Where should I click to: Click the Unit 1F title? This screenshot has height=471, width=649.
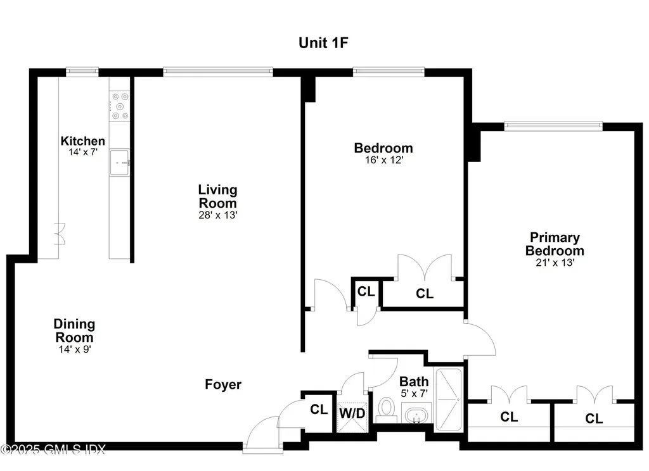point(324,43)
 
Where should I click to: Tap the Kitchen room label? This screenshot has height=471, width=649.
point(82,141)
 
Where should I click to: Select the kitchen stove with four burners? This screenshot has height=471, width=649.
point(120,106)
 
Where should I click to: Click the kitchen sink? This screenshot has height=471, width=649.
point(119,162)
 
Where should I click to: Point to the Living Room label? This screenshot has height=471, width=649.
point(217,196)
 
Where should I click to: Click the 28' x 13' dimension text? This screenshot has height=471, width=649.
point(217,215)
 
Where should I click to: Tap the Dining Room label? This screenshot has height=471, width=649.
point(74,330)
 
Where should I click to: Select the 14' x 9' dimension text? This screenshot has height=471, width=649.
point(74,348)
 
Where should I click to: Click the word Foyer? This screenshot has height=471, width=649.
point(223,384)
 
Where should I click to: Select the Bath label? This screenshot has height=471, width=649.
point(414,382)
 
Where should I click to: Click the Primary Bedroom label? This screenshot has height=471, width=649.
point(555,244)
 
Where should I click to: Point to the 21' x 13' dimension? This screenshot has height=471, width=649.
point(555,262)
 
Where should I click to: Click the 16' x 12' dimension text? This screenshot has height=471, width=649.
point(383,161)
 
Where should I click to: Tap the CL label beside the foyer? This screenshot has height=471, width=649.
point(319,410)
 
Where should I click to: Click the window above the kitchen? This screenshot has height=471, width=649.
point(82,72)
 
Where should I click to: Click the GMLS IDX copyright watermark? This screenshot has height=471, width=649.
point(53,449)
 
